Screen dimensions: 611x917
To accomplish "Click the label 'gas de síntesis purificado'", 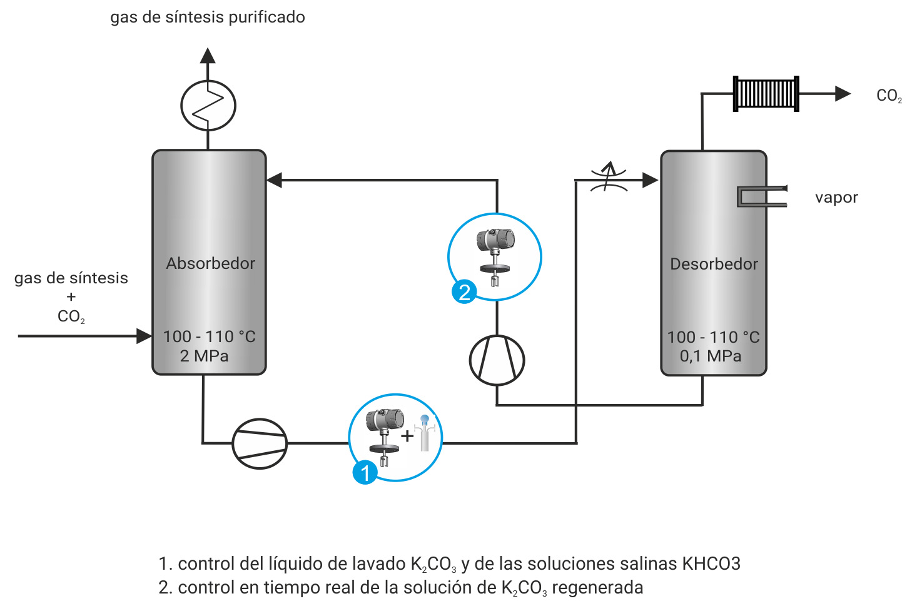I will [x=208, y=17].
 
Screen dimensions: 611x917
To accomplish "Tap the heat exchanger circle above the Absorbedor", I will [x=208, y=105].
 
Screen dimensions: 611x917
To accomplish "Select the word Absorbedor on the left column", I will [x=210, y=263].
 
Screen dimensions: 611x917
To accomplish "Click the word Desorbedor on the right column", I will [x=714, y=264].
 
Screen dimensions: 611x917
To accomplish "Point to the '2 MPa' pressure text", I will [x=204, y=356].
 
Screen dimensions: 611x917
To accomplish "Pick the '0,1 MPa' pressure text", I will [x=711, y=356].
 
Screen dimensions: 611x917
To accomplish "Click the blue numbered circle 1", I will [x=365, y=472].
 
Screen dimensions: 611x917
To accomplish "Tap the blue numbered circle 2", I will [x=464, y=292].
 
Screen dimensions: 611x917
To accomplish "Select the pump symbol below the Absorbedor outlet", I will [x=260, y=443].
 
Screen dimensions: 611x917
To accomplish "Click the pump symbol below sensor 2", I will [x=497, y=360].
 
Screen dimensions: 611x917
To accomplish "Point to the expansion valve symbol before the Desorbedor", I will [x=609, y=178].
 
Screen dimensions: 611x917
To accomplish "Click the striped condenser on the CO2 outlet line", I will [x=766, y=94].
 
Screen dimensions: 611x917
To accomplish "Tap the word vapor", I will [x=836, y=198].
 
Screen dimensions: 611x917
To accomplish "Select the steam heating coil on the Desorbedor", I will [x=760, y=196].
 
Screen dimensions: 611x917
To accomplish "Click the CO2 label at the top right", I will [x=889, y=96].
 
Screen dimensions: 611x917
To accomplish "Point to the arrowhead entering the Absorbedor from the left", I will [x=144, y=336].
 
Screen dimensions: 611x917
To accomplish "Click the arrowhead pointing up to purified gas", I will [x=208, y=56].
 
